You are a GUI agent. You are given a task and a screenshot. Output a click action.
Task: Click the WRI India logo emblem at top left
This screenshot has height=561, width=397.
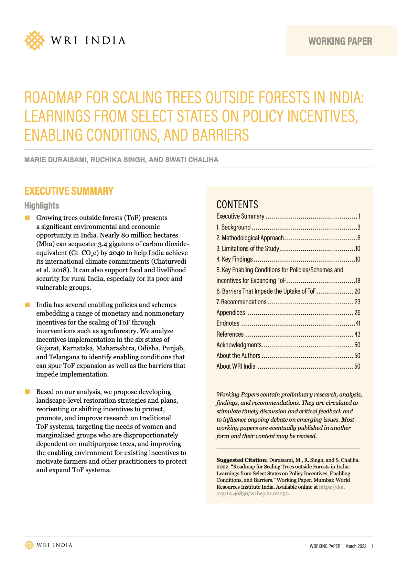pos(34,41)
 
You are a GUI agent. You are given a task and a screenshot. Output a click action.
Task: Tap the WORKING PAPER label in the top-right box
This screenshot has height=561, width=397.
pos(340,41)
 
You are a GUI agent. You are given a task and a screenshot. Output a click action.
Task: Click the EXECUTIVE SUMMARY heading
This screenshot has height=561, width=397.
pos(69,191)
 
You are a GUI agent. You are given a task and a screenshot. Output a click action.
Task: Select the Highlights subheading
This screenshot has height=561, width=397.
pos(42,205)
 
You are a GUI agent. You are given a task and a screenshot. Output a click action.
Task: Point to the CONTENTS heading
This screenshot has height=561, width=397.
pos(237,204)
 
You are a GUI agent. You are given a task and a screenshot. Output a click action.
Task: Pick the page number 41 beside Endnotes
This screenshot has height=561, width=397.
pos(357,323)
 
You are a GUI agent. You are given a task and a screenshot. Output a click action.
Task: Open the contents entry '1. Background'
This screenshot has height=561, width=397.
pos(234,227)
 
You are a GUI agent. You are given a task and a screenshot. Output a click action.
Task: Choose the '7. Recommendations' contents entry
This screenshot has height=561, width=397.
pos(242,302)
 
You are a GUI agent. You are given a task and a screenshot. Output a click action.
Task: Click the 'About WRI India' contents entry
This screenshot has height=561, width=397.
pos(236,366)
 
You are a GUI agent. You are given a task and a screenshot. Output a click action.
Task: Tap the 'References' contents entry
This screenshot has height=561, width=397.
pos(230,334)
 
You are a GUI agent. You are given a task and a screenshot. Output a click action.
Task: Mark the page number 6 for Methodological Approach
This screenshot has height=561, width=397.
pos(358,238)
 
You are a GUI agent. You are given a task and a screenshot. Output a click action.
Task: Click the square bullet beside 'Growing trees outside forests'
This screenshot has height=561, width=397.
pos(28,218)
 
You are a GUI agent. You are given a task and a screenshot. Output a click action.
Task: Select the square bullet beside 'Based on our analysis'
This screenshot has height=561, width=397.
pos(28,392)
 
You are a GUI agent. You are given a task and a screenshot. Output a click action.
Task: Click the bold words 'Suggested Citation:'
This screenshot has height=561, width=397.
pos(242,460)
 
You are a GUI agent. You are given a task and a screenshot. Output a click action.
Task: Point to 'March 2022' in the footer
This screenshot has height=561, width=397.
pos(356,546)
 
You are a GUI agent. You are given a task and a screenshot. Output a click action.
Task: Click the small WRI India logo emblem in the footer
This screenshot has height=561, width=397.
pos(29,545)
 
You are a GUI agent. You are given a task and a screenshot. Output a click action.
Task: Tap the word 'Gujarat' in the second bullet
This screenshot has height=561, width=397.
pos(47,348)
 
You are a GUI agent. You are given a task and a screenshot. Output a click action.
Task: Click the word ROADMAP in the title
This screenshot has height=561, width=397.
pos(53,98)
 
